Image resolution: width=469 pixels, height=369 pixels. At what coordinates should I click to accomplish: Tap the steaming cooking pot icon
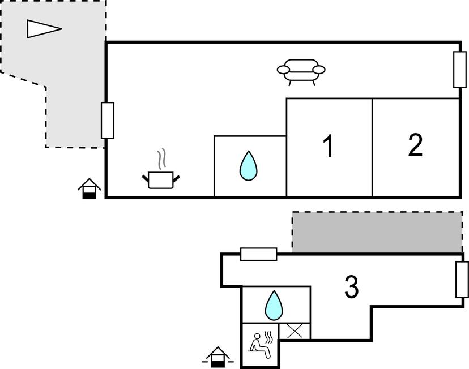(x=161, y=178)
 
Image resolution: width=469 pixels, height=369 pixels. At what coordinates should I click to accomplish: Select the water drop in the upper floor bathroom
(x=248, y=166)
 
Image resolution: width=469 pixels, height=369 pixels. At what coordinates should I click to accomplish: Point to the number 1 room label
(x=328, y=146)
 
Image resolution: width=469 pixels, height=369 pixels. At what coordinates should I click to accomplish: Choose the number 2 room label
(x=415, y=145)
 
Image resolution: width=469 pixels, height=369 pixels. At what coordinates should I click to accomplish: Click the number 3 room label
(x=352, y=287)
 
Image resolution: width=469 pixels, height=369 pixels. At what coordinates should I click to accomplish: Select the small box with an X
(x=295, y=331)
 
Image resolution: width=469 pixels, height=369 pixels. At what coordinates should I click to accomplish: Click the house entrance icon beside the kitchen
(x=89, y=188)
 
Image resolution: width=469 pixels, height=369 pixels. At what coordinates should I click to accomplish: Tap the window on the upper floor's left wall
(x=107, y=121)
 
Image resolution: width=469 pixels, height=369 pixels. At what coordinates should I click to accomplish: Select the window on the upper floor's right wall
(x=460, y=69)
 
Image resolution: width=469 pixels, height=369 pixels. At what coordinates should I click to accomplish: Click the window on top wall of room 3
(x=258, y=254)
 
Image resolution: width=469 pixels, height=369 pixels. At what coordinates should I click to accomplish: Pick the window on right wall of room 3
(x=462, y=280)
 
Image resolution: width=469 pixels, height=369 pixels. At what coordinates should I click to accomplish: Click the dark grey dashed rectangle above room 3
(x=377, y=232)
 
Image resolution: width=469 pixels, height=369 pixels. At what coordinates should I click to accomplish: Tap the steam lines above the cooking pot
(x=163, y=159)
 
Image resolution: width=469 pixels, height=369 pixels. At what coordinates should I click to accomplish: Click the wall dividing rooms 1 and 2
(x=372, y=147)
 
